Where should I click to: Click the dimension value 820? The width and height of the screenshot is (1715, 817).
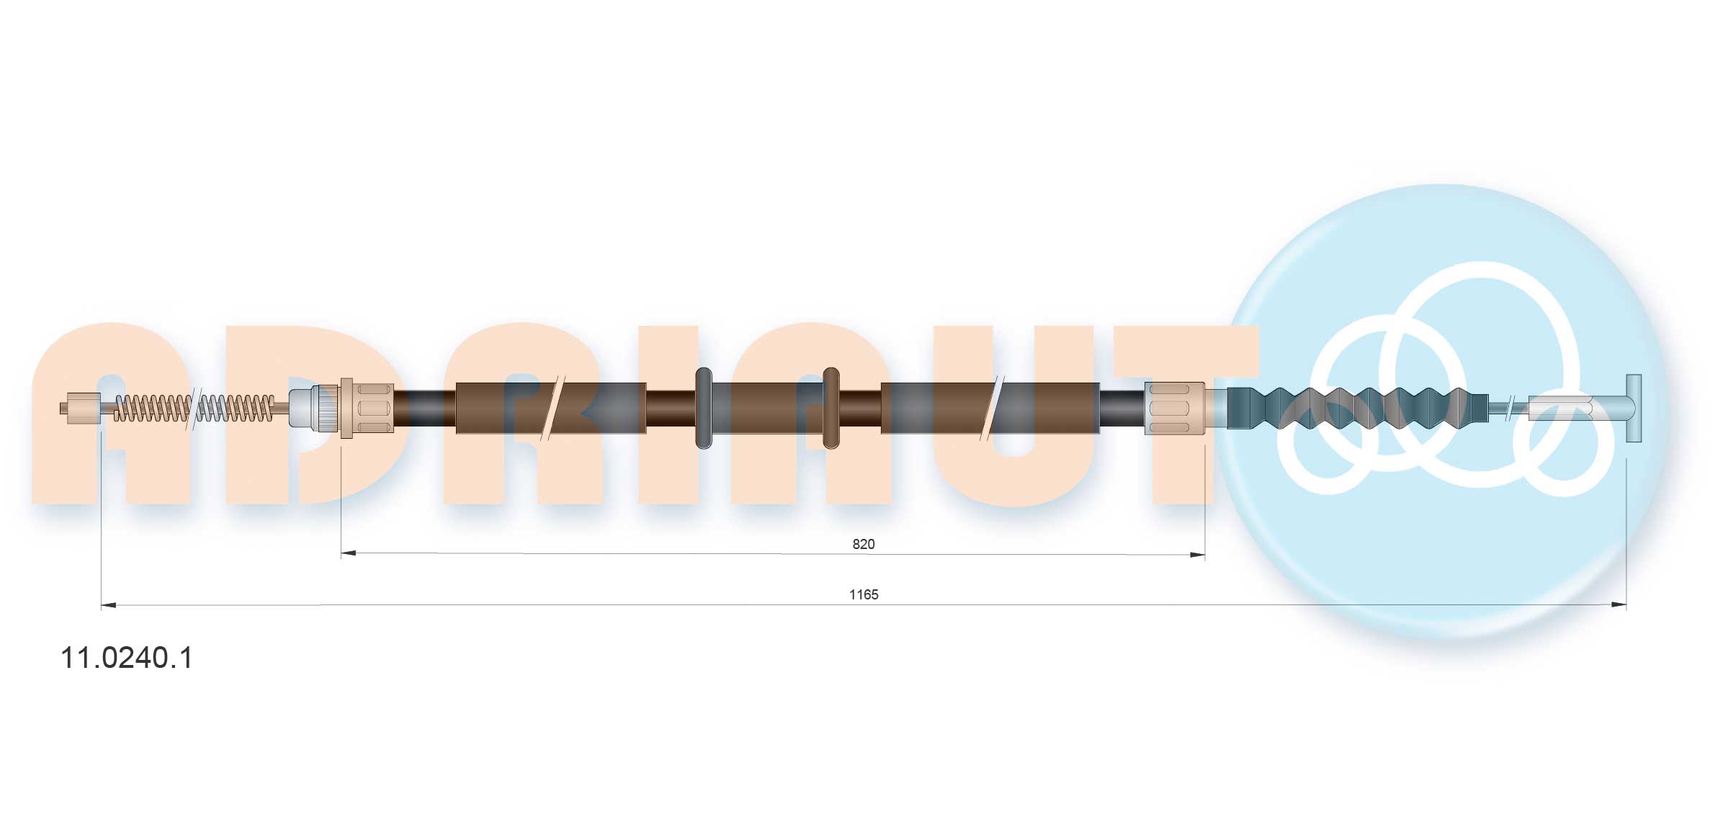(x=863, y=544)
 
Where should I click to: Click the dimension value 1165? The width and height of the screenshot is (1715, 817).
(x=864, y=594)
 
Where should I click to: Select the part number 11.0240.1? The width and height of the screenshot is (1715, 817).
(x=127, y=658)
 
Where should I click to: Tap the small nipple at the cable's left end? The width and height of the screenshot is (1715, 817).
(x=82, y=408)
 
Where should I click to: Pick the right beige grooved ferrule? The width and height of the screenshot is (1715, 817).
(x=1174, y=408)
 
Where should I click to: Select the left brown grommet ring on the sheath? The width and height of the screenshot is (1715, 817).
(x=704, y=408)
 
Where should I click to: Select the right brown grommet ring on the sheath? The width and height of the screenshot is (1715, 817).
(x=830, y=408)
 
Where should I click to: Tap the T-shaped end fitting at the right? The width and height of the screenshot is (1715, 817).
(x=1633, y=408)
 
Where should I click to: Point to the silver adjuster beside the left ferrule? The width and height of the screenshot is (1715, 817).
(x=313, y=408)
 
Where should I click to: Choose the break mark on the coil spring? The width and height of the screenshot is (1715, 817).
(x=192, y=408)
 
